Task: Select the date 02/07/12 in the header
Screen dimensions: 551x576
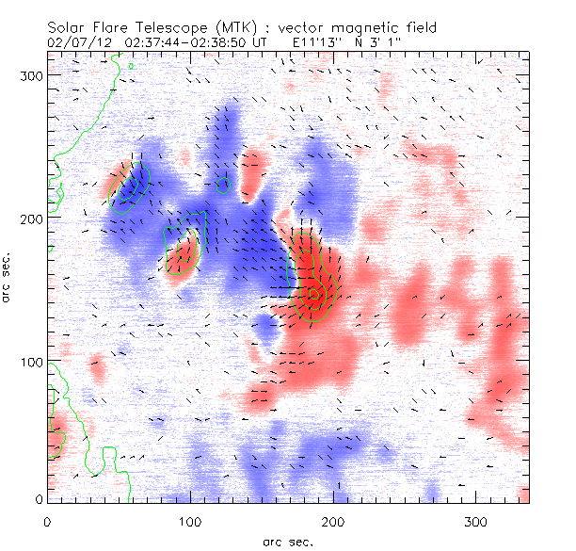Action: click(78, 42)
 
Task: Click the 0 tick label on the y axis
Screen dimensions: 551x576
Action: click(38, 498)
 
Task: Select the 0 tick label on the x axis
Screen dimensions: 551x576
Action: click(47, 520)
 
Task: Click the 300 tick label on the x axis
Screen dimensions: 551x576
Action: click(476, 520)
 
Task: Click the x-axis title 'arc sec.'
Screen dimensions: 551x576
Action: click(286, 542)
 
